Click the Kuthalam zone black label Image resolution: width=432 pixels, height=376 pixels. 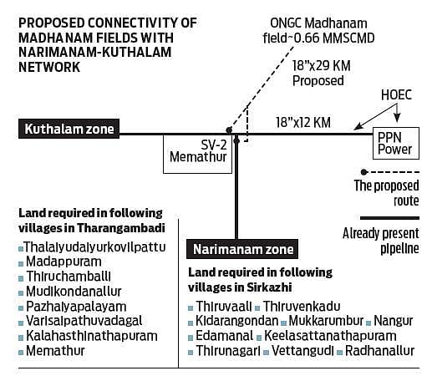(69, 129)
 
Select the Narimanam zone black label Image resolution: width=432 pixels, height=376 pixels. (242, 249)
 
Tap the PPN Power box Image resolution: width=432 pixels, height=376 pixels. (396, 143)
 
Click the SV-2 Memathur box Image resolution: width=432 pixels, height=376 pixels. (197, 154)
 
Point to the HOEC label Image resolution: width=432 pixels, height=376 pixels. (396, 95)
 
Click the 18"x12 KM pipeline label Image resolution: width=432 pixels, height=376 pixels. (303, 123)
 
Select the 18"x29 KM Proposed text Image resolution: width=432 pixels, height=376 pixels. (321, 74)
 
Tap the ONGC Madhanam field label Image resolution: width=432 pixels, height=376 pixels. (318, 31)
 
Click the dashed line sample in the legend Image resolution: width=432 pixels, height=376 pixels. (390, 172)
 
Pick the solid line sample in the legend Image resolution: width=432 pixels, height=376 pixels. (389, 218)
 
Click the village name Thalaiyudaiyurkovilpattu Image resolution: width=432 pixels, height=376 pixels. (94, 247)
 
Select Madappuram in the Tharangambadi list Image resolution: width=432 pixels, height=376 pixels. (64, 262)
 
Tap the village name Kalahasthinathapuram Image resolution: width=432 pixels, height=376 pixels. (92, 336)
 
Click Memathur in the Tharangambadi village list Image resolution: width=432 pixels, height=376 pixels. (55, 351)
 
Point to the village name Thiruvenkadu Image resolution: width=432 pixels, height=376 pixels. (302, 307)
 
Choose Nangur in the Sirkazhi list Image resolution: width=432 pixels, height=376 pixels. (393, 321)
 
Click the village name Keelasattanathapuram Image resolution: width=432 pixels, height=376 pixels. (330, 336)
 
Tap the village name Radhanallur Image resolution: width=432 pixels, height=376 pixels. (380, 351)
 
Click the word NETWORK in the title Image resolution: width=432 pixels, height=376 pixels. (49, 67)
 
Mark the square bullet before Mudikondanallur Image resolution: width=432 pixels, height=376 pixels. (21, 293)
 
